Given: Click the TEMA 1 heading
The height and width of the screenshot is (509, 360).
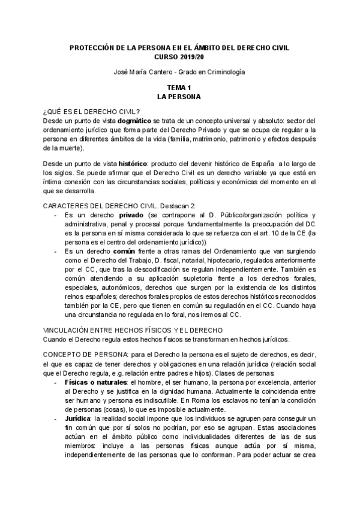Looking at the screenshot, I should pos(179,88).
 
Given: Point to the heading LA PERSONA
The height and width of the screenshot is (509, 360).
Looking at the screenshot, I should pos(179,96).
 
